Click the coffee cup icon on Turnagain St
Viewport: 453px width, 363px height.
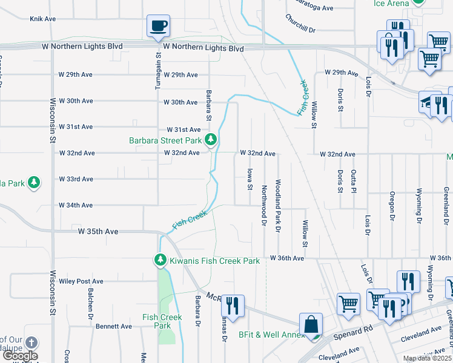coord(158,26)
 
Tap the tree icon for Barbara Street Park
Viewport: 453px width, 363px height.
coord(211,140)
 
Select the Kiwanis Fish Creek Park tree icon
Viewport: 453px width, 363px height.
coord(160,261)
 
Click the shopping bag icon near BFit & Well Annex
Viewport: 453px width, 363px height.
coord(311,324)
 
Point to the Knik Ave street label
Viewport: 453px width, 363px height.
coord(42,19)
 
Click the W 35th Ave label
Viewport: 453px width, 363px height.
coord(98,231)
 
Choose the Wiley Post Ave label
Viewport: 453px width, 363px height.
coord(81,281)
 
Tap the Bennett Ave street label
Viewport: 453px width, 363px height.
coord(113,326)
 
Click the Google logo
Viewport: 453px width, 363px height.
coord(19,356)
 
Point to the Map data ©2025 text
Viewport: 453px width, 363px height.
coord(427,358)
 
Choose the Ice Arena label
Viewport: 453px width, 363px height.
coord(391,4)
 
